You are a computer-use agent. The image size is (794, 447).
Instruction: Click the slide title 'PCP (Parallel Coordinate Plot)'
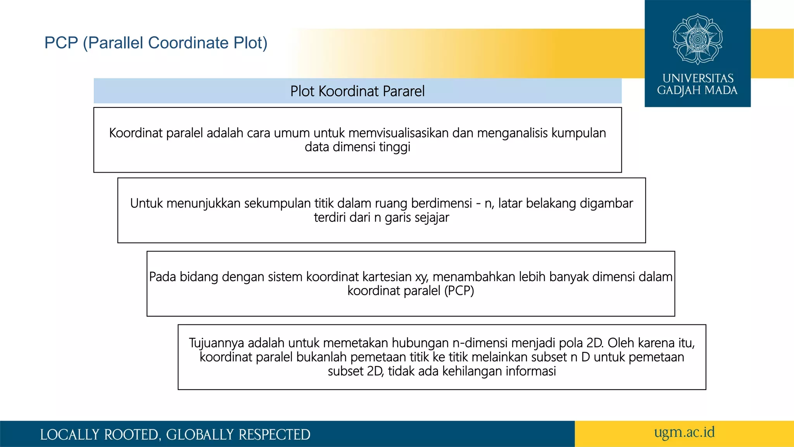156,43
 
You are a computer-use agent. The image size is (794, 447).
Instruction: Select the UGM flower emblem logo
697,39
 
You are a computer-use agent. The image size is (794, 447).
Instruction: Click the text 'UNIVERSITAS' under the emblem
697,78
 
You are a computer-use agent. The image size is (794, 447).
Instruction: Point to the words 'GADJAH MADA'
697,90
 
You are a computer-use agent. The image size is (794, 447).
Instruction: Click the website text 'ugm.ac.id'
684,432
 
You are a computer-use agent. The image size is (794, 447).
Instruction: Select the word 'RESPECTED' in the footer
274,435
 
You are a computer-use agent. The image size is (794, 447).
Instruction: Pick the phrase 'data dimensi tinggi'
357,147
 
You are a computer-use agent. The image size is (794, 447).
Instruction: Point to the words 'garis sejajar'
417,217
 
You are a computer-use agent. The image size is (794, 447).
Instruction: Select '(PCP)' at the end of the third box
459,291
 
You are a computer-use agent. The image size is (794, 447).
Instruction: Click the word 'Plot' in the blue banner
302,91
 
